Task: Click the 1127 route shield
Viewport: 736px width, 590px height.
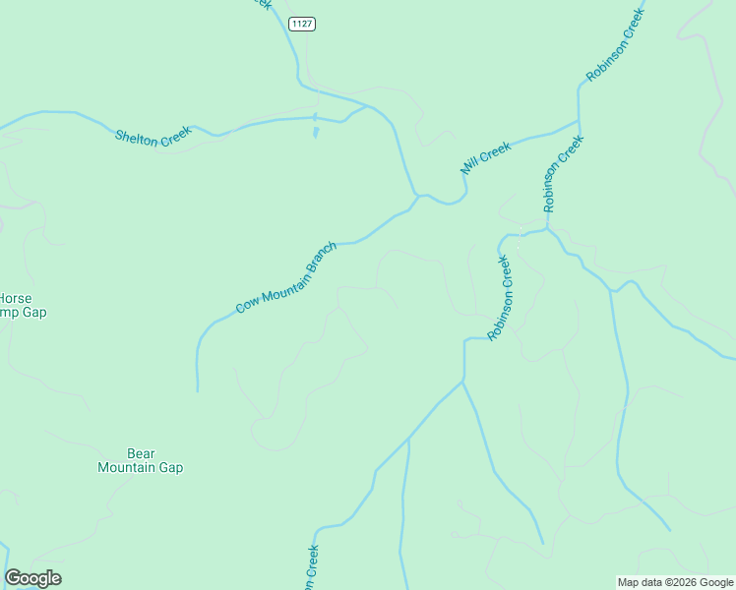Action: click(302, 24)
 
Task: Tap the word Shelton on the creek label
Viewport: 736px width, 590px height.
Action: click(137, 139)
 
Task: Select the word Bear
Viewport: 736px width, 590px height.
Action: click(141, 453)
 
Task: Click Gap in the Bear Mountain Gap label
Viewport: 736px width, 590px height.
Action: click(172, 468)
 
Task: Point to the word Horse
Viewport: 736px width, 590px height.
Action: click(14, 298)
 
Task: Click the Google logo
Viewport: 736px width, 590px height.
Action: click(32, 578)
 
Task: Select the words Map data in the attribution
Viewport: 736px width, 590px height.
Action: click(640, 582)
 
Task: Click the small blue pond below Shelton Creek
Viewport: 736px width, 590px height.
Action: click(315, 131)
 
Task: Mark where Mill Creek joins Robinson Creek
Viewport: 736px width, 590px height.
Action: click(579, 122)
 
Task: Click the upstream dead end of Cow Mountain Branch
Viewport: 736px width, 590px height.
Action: click(198, 390)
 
